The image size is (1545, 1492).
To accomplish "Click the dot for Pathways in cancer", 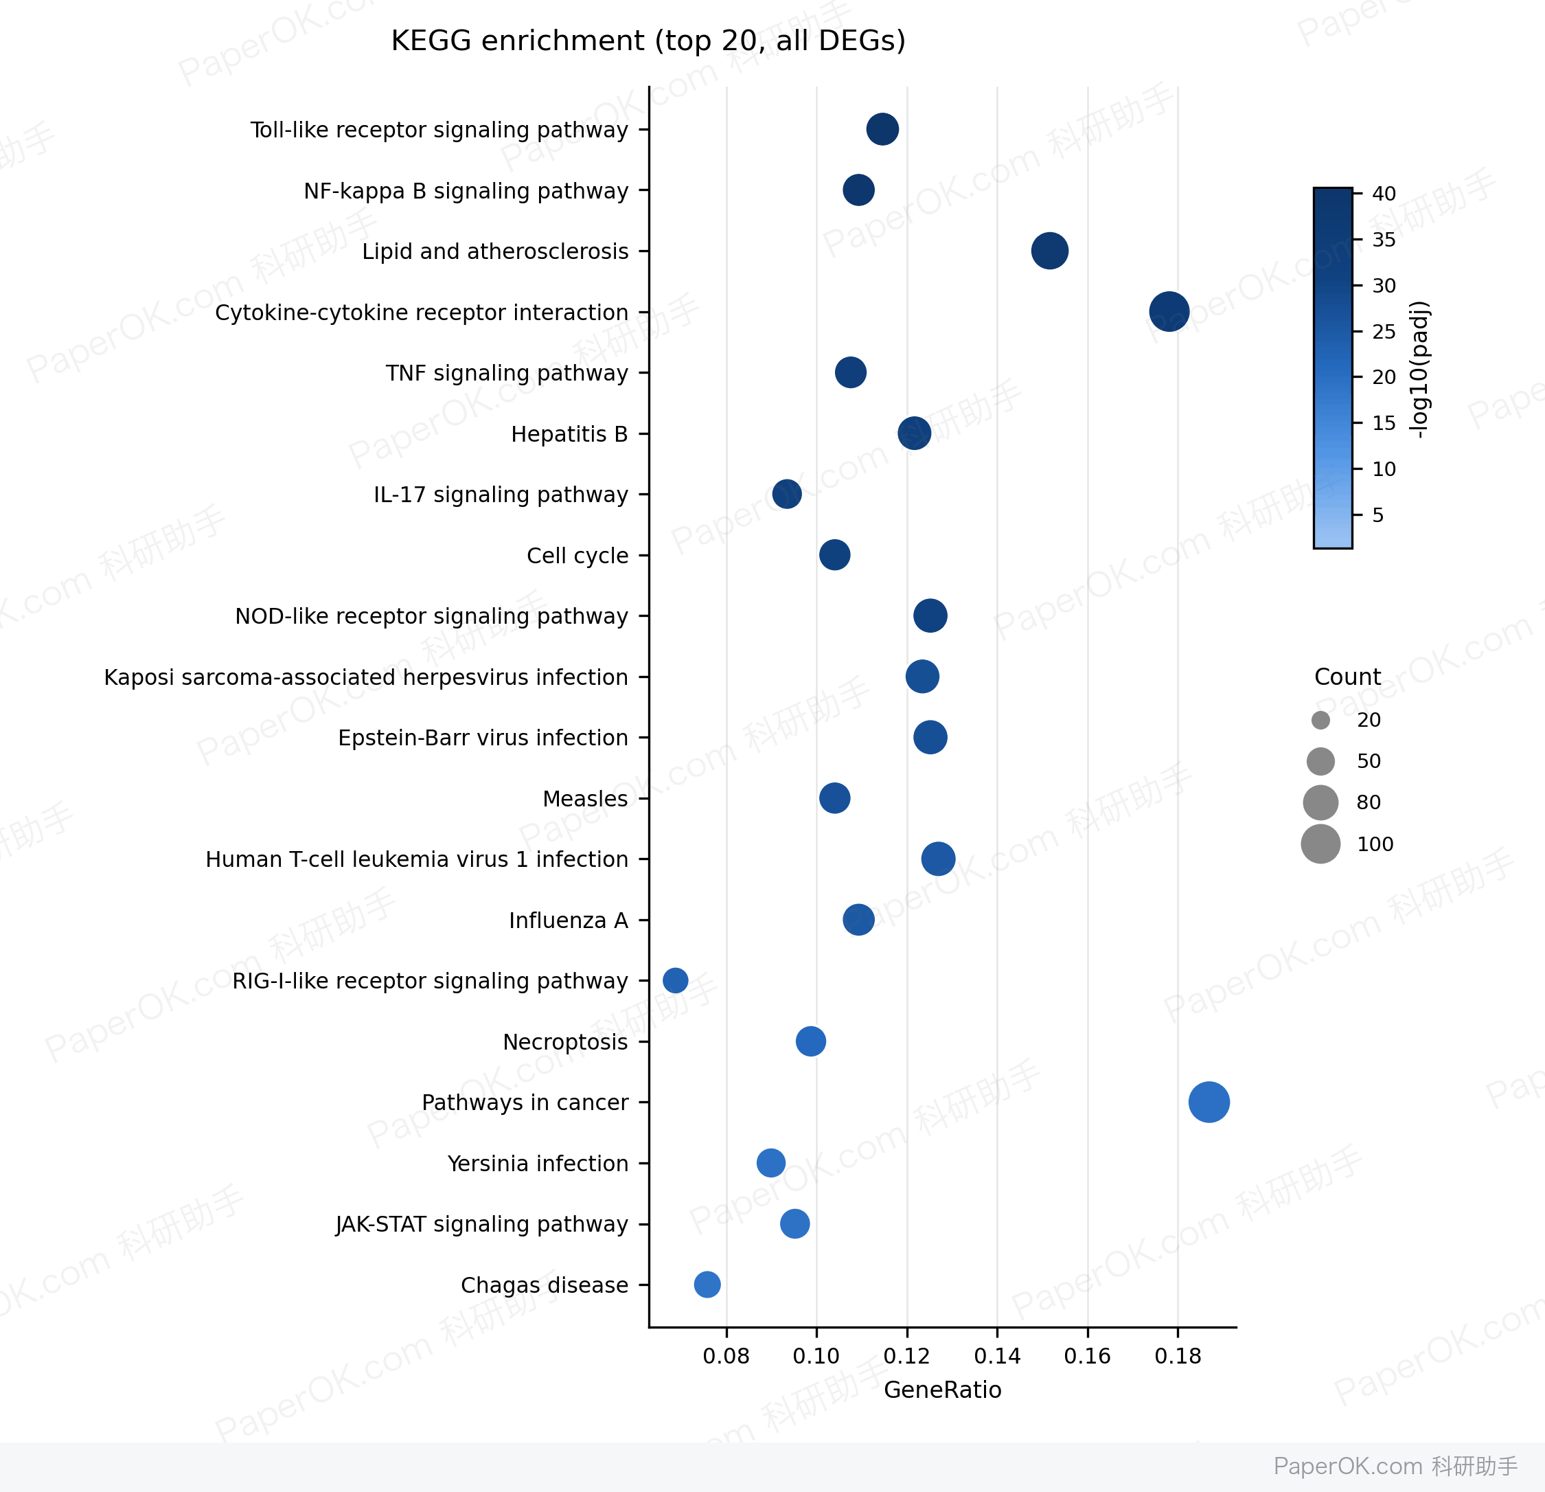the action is [x=1209, y=1102].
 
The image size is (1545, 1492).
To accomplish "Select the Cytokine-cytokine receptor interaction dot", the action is [x=1169, y=311].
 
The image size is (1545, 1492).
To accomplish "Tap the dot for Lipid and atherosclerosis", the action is [x=1049, y=251].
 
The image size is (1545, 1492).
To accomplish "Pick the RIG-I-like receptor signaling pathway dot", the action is [x=675, y=980].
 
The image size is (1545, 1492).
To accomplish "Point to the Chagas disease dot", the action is [x=707, y=1284].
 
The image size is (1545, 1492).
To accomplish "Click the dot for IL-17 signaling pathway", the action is [x=787, y=495].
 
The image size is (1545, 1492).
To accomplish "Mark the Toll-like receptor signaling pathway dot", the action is [x=882, y=128].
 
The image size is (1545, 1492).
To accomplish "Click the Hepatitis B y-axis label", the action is [x=569, y=433].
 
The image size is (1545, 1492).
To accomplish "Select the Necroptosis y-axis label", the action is [x=565, y=1041].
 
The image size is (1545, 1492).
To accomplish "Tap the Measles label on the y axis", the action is [x=585, y=799].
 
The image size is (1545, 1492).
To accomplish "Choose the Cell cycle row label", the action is [x=577, y=556].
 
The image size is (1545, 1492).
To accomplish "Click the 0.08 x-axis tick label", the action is [x=726, y=1355].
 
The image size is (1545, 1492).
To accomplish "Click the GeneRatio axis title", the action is [x=943, y=1390].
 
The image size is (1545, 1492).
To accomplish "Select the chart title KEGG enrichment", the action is [x=648, y=41].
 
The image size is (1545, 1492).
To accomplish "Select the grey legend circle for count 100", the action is [x=1320, y=844].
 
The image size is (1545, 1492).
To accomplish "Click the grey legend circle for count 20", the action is [x=1320, y=720].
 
